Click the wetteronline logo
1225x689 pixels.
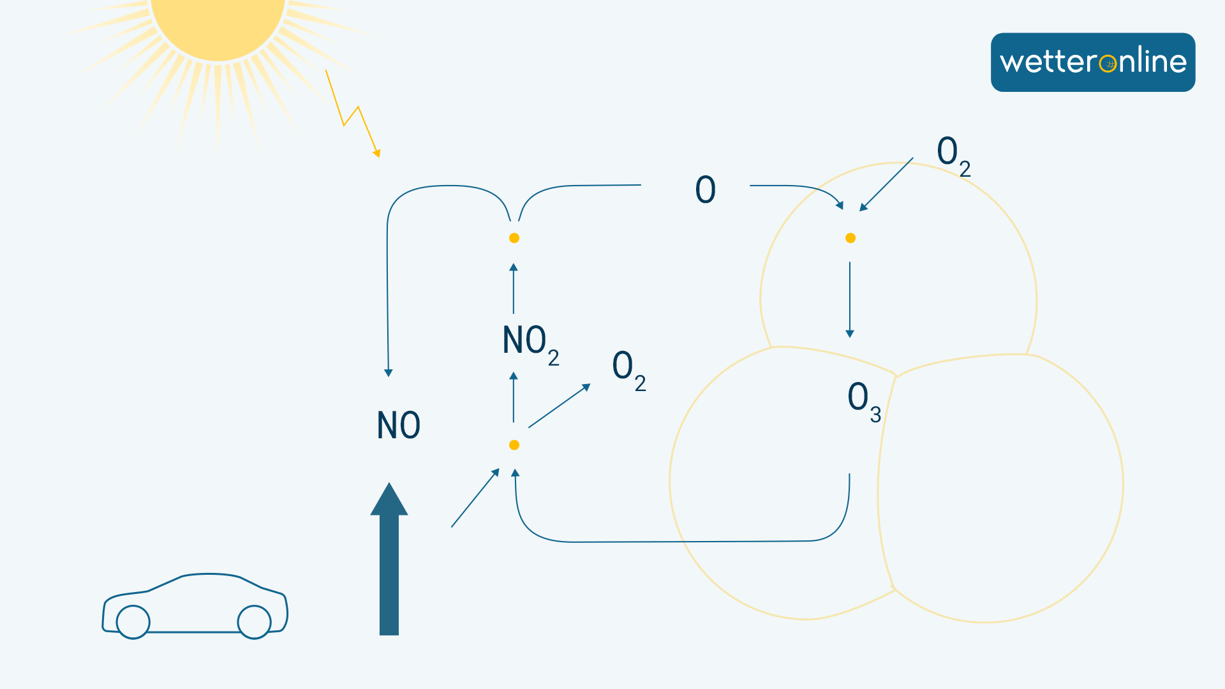point(1092,62)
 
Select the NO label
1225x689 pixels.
point(399,426)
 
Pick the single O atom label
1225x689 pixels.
point(705,189)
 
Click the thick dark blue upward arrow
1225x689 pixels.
point(389,561)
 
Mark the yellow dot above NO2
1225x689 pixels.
point(514,238)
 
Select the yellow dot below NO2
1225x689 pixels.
point(514,445)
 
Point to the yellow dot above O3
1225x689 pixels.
point(850,238)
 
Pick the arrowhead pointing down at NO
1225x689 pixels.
point(388,373)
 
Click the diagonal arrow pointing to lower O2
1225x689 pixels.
point(559,406)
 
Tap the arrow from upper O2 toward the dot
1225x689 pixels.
point(886,184)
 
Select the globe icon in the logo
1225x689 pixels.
point(1108,64)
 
